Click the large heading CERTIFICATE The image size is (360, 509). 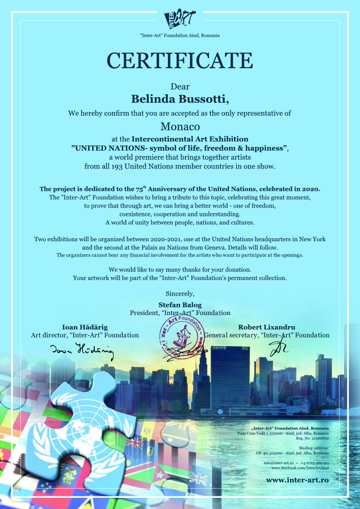coord(180,60)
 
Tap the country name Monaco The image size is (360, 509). coord(180,125)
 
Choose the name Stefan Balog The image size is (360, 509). coord(180,304)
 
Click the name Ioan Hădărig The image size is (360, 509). coord(85,327)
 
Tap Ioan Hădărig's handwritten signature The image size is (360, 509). coord(81,350)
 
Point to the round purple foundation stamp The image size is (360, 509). coord(179,338)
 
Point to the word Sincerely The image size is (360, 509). coord(180,293)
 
